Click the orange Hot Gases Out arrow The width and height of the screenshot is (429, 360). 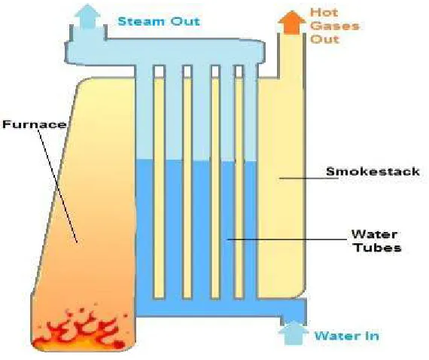point(292,23)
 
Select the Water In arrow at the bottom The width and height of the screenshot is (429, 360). point(294,333)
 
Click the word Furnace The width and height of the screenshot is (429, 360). point(35,124)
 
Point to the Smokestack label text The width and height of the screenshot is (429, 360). point(373,172)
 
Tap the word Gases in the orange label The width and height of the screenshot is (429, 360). point(335,26)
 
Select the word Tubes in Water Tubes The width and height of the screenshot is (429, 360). point(378,248)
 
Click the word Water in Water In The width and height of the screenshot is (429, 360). point(336,336)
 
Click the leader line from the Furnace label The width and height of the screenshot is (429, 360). point(58,186)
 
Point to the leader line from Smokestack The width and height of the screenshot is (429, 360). point(309,178)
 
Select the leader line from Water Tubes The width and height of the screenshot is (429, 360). point(288,239)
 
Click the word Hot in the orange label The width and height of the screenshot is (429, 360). point(324,12)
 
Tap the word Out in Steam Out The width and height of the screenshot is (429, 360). point(185,21)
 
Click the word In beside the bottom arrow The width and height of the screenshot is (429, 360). point(371,336)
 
